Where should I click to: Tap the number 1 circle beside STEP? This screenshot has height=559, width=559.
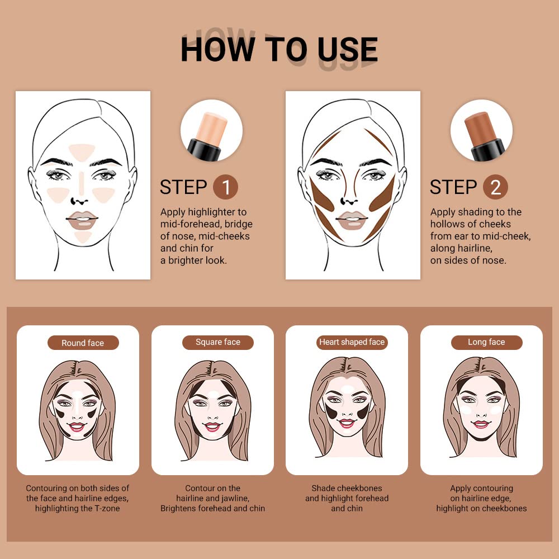click(225, 188)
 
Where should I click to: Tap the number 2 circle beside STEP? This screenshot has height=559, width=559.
click(495, 188)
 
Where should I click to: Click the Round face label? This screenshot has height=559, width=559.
click(83, 343)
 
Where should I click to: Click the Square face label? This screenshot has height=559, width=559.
click(217, 342)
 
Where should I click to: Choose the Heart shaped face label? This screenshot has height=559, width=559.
click(352, 342)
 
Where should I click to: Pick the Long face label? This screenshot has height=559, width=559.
click(486, 342)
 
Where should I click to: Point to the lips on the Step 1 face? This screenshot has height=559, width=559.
click(83, 220)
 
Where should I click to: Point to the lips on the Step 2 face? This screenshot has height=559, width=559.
click(352, 220)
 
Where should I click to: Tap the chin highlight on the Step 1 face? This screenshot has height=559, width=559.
click(83, 236)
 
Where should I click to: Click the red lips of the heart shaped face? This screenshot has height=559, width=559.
click(347, 423)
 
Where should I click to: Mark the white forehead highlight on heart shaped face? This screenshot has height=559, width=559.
click(347, 389)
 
